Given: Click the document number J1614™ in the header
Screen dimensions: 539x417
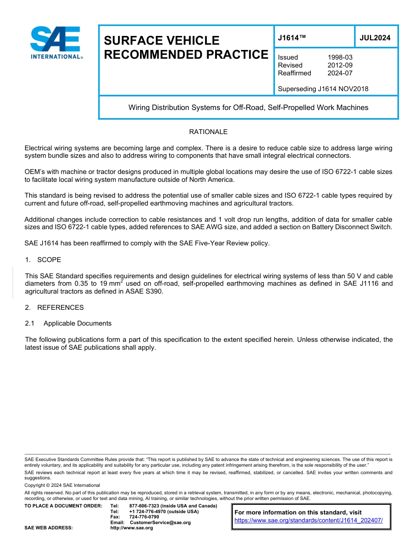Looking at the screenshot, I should pos(291,38).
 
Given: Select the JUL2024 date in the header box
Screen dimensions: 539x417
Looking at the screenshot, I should pos(375,38).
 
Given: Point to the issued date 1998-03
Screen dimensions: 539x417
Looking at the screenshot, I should pos(340,57).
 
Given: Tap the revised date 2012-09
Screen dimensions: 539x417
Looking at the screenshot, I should pos(340,65).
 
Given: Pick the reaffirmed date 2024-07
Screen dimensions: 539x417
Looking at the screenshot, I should pos(340,73).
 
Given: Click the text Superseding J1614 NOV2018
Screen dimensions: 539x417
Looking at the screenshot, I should pos(323,89).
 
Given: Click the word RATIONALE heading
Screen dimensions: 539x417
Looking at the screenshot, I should pos(208,132).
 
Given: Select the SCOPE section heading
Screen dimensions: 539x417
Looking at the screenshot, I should pos(49,260).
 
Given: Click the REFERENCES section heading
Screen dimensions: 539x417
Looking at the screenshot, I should pos(60,308).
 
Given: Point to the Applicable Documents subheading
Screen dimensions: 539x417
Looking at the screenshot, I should pos(77,323).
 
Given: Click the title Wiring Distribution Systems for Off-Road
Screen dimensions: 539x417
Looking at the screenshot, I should pos(248,107).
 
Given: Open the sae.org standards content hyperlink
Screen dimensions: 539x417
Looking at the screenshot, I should pos(309,520).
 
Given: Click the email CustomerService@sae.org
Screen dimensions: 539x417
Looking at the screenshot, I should pos(160,522).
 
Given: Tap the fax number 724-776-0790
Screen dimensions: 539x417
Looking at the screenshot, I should pos(144,517).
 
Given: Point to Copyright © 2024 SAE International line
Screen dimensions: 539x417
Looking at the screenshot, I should pos(62,485).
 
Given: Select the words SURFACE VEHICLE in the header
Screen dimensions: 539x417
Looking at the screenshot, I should pos(162,41).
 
